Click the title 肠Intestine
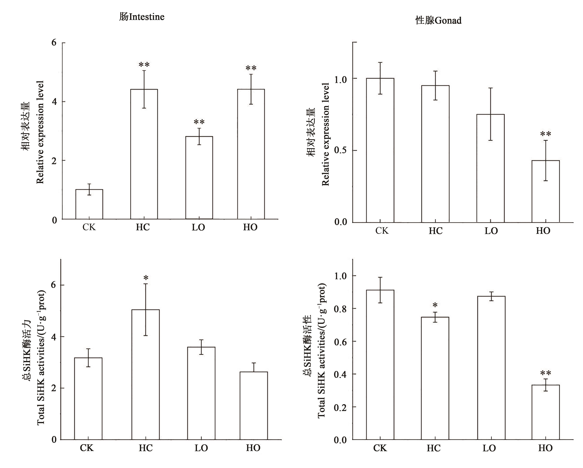point(142,17)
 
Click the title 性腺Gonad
point(438,21)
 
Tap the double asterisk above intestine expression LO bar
point(199,122)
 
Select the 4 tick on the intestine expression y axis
point(55,102)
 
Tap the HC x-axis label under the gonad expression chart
point(436,231)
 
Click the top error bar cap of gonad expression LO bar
point(490,88)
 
